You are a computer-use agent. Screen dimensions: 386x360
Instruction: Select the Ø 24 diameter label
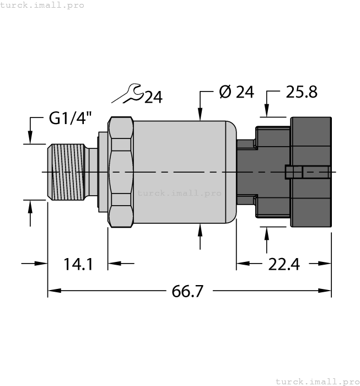click(236, 92)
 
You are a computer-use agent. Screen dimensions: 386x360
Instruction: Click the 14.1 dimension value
click(77, 264)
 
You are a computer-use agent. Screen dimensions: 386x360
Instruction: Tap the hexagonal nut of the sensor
click(121, 173)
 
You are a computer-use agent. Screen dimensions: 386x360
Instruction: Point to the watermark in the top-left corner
click(42, 5)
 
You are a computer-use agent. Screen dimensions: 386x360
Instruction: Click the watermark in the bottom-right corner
click(317, 381)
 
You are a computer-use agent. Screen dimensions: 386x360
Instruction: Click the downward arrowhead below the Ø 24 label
click(200, 114)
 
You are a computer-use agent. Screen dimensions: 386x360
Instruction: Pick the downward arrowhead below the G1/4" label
click(30, 138)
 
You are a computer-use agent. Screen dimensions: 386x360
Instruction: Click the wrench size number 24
click(153, 98)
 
